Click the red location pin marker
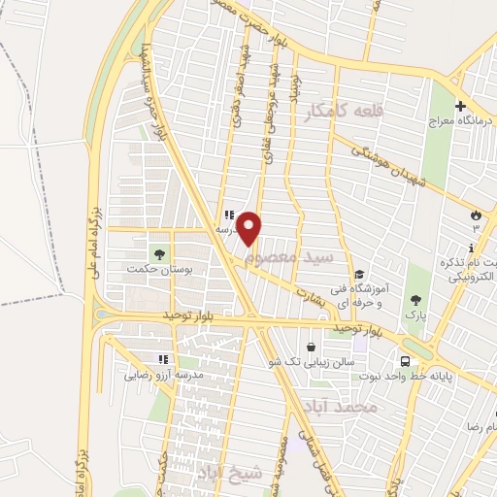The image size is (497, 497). click(250, 228)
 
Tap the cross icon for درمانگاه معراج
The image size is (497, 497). click(460, 107)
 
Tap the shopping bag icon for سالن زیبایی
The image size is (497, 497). click(310, 347)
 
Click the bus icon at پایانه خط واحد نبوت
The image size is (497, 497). click(459, 376)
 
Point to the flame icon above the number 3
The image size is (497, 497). click(476, 213)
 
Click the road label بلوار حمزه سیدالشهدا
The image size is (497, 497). click(150, 83)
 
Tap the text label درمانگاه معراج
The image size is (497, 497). click(461, 124)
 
